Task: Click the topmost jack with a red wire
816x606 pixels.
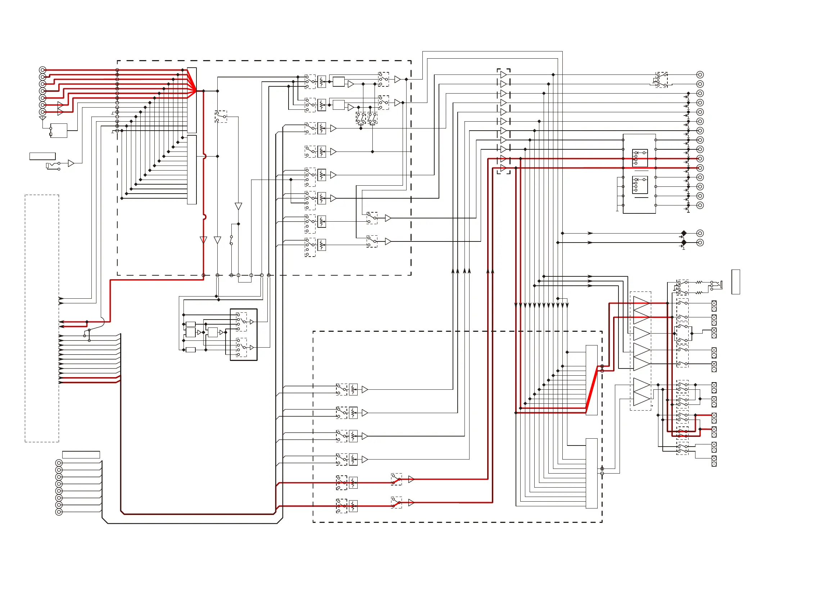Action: tap(42, 70)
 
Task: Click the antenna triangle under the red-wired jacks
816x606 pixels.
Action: tap(42, 118)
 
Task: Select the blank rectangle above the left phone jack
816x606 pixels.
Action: tap(42, 156)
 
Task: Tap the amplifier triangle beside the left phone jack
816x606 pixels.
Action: tap(71, 163)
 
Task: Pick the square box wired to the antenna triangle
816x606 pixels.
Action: tap(59, 131)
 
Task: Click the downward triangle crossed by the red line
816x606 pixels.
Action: tap(203, 240)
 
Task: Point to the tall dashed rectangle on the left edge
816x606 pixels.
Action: tap(42, 318)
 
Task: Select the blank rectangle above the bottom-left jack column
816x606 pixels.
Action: tap(81, 455)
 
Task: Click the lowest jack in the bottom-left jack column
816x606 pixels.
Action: tap(59, 512)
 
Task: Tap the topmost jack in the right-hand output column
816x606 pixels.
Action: tap(700, 74)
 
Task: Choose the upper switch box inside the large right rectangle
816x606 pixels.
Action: tap(640, 158)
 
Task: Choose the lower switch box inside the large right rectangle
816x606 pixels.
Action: tap(640, 185)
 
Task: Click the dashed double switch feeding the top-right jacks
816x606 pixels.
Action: tap(662, 80)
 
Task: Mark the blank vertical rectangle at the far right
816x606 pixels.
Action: tap(735, 282)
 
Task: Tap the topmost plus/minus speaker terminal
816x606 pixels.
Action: tap(714, 306)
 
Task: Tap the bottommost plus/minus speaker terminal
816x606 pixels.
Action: tap(714, 461)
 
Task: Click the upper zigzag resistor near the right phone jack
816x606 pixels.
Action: tap(699, 282)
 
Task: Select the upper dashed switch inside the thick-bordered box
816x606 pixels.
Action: tap(241, 322)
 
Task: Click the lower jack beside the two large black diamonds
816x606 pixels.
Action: tap(700, 243)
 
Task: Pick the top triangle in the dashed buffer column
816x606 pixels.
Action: tap(503, 75)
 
